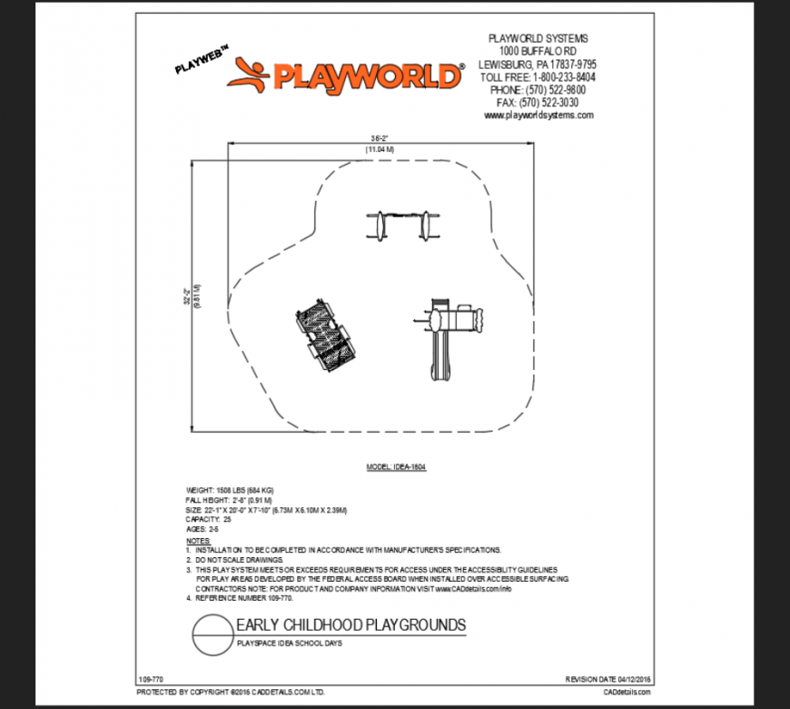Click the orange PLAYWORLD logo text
coord(367,75)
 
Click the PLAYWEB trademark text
coord(202,61)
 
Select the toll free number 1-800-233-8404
coord(538,77)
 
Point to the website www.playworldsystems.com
coord(538,115)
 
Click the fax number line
coord(538,103)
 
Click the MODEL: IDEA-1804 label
coord(396,467)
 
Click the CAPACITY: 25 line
coord(209,519)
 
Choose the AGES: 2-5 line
coord(202,528)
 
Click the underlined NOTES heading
coord(198,540)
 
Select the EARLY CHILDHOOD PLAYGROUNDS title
coord(351,625)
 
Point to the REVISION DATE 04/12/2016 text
coord(607,679)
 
